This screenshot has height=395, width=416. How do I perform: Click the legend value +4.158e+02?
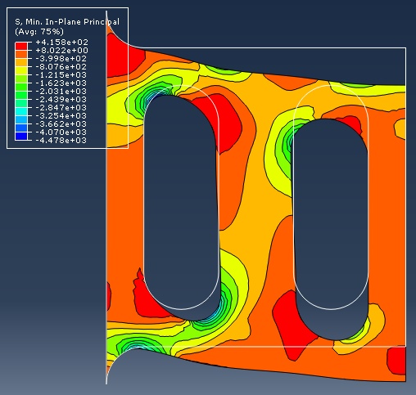pyautogui.click(x=62, y=43)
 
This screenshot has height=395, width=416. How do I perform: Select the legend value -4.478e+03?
pyautogui.click(x=61, y=141)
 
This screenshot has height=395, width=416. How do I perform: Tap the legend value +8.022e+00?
pyautogui.click(x=62, y=51)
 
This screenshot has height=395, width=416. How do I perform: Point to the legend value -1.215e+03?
pyautogui.click(x=61, y=75)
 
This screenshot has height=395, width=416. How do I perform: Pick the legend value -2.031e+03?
pyautogui.click(x=61, y=92)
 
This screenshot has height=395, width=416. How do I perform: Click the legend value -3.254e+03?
pyautogui.click(x=61, y=116)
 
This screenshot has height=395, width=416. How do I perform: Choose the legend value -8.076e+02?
pyautogui.click(x=61, y=67)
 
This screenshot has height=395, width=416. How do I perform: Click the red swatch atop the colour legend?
pyautogui.click(x=21, y=46)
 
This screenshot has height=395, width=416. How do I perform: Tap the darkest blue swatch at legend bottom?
pyautogui.click(x=21, y=136)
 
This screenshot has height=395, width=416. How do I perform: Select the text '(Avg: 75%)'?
pyautogui.click(x=39, y=32)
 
